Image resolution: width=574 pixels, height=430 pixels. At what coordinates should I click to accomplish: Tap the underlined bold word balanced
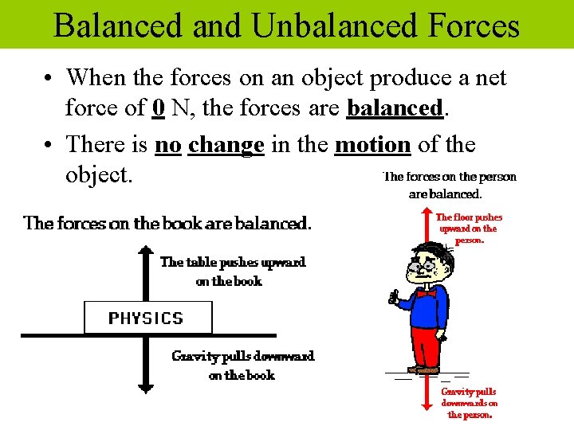coord(395,107)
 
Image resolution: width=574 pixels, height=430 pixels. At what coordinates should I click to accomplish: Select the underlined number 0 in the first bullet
coord(158,107)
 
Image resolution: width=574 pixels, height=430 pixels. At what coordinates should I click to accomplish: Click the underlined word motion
coord(372,145)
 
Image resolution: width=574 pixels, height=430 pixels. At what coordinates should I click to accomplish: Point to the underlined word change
coord(226,145)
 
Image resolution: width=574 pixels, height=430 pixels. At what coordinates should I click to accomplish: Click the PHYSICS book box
coord(147,318)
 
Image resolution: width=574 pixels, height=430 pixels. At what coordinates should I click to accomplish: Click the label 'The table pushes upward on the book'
coord(232,272)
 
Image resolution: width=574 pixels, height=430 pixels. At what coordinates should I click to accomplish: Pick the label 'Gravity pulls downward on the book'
coord(242,365)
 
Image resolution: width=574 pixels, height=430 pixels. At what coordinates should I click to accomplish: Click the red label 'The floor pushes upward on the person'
coord(469,229)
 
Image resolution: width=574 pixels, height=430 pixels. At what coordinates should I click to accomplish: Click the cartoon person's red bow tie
coord(427,294)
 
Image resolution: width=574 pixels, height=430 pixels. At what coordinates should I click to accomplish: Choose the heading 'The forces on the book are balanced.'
coord(167,223)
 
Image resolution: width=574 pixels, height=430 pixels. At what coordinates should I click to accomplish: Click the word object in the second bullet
coord(98,175)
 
